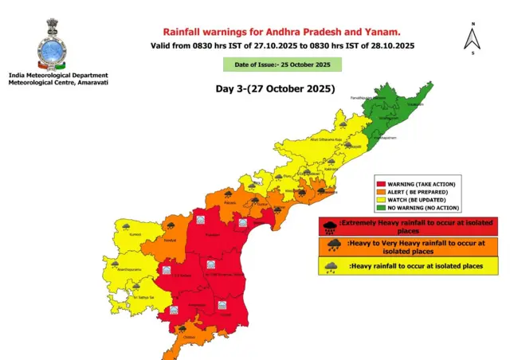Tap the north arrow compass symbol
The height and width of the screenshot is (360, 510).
472,37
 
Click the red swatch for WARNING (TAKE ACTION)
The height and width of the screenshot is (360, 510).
381,184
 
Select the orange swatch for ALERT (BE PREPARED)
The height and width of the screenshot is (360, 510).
381,192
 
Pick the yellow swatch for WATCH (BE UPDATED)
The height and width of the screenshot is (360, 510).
381,200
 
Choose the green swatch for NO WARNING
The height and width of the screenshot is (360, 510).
381,208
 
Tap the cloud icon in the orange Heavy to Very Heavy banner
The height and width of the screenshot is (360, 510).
329,246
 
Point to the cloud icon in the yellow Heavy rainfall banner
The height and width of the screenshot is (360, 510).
329,266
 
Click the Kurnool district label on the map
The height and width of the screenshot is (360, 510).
135,236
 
